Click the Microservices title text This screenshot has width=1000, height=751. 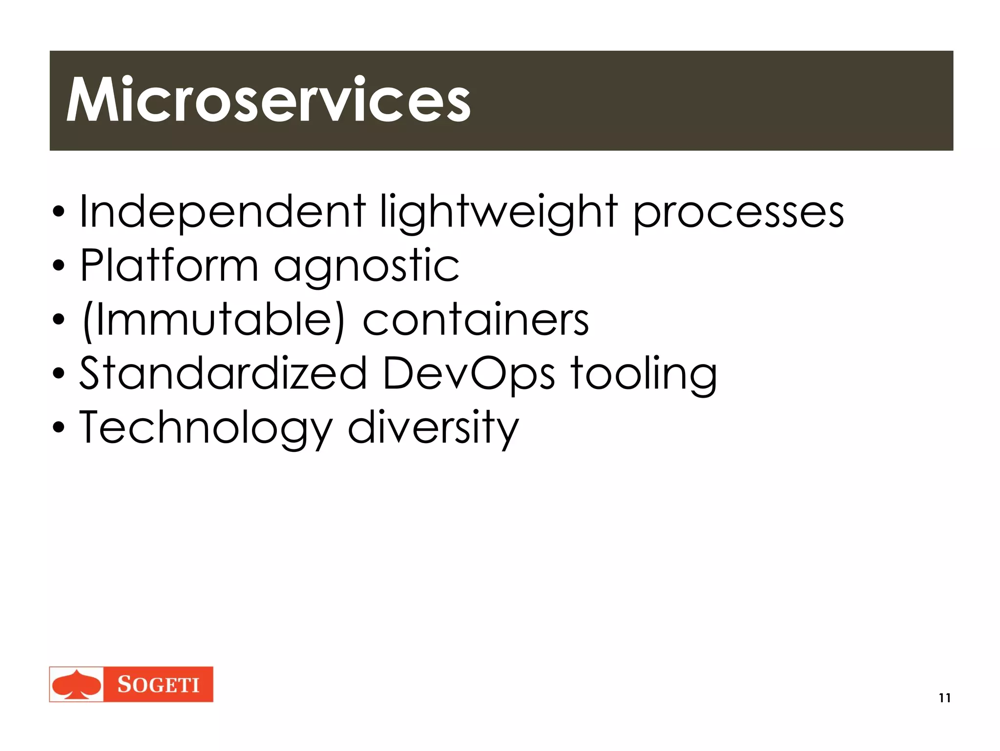(x=268, y=101)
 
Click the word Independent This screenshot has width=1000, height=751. (x=222, y=211)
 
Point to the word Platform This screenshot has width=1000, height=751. (x=169, y=265)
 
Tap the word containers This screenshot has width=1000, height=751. (x=476, y=320)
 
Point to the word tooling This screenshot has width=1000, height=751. (x=644, y=374)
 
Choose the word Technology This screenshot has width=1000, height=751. (x=206, y=428)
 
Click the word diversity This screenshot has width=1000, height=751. (x=433, y=428)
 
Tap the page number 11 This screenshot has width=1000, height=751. (x=944, y=698)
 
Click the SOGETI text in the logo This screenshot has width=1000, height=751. (x=158, y=685)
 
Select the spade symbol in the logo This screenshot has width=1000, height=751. (x=77, y=685)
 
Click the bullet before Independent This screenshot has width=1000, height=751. (x=59, y=213)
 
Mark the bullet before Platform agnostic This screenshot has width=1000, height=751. (x=59, y=266)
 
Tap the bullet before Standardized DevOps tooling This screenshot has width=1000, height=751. (x=59, y=374)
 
